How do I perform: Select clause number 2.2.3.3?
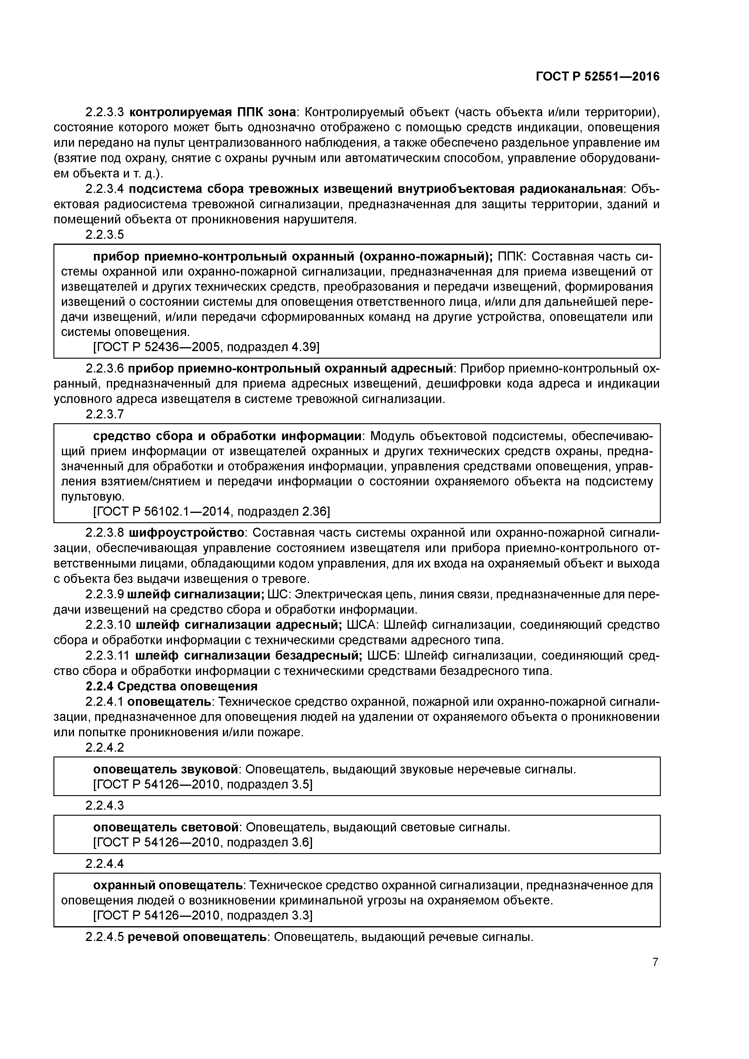(x=105, y=112)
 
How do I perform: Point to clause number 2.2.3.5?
(x=105, y=235)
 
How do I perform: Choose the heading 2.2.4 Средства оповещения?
(x=171, y=686)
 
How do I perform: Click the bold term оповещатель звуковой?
(x=166, y=769)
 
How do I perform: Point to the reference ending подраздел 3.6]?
(x=203, y=843)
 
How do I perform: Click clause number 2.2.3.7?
(x=105, y=415)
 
